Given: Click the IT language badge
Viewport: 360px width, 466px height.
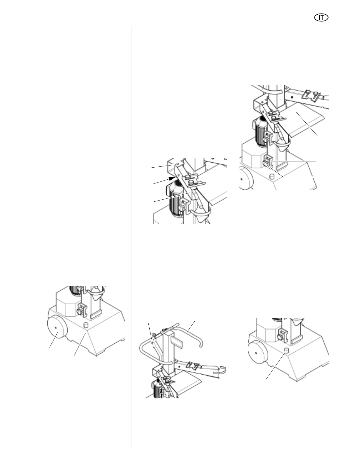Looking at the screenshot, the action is point(321,18).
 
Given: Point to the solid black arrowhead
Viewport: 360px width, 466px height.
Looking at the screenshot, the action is point(172,178).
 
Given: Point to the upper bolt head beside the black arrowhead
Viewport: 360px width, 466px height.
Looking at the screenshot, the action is point(188,176).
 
